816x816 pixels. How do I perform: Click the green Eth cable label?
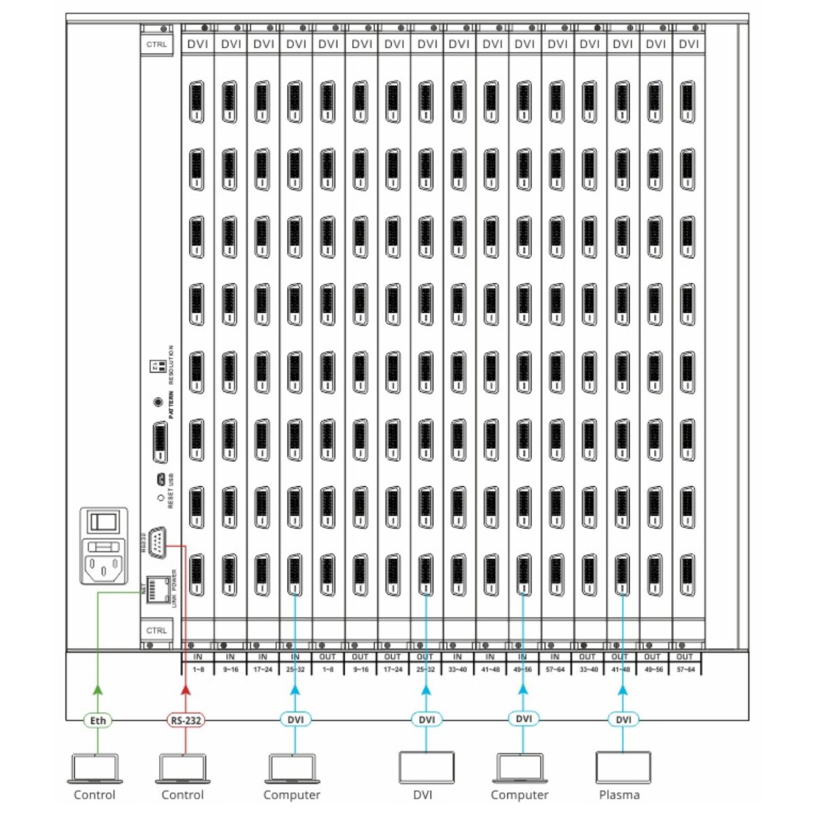point(98,720)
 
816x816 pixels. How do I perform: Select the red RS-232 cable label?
point(186,720)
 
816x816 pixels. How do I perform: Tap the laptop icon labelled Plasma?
point(622,768)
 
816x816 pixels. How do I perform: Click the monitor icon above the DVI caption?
point(426,768)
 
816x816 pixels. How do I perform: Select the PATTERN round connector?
point(159,401)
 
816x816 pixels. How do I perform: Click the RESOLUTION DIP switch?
point(156,365)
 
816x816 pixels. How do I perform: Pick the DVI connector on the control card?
point(159,442)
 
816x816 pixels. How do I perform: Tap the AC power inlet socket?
point(104,564)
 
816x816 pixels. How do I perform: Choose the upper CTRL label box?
point(156,44)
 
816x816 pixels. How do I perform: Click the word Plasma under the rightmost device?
point(619,795)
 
